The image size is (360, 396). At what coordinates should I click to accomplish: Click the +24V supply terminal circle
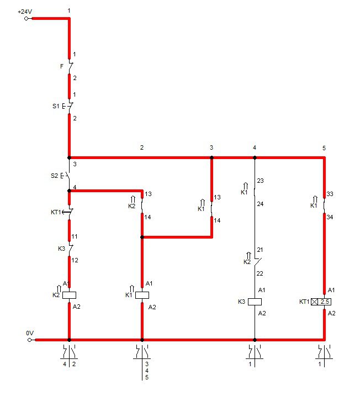[27, 18]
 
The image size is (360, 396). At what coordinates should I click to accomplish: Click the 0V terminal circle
[29, 340]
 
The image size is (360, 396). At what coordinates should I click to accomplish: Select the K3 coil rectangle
[255, 302]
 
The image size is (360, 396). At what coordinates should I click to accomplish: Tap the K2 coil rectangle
[69, 295]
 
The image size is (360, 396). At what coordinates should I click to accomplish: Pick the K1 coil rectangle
[142, 295]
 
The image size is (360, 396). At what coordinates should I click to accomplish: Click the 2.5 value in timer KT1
[325, 302]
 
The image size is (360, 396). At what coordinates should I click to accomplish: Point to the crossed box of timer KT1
[314, 302]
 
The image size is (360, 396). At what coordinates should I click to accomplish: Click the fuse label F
[62, 66]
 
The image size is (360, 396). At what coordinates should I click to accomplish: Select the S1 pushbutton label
[56, 106]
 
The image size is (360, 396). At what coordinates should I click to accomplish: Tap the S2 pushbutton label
[54, 176]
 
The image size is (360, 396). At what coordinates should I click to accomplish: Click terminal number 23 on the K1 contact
[260, 181]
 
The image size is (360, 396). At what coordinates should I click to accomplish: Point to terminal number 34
[330, 217]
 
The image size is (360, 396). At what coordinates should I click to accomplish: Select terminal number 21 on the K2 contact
[260, 250]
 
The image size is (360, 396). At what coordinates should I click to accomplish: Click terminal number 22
[260, 273]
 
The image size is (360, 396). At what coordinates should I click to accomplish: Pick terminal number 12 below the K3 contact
[75, 260]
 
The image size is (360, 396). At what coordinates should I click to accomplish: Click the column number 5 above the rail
[324, 148]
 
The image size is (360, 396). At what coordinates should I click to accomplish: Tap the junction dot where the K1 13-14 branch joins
[142, 237]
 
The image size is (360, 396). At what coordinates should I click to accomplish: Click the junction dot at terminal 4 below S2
[69, 191]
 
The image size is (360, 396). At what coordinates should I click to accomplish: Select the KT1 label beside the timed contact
[56, 212]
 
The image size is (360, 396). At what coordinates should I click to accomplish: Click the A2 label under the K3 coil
[262, 313]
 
